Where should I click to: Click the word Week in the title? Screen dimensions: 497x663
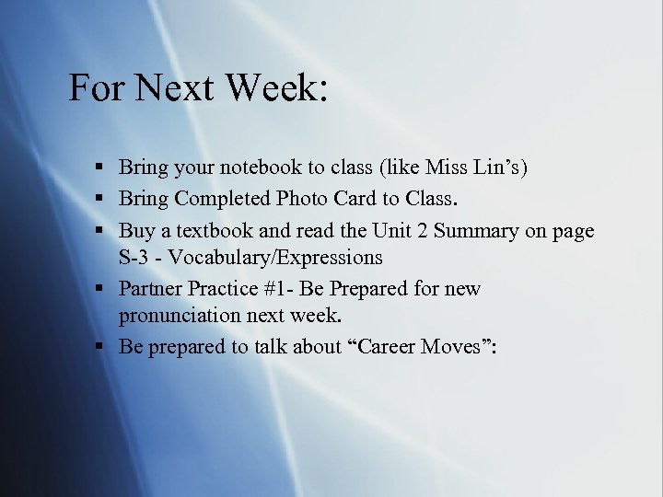[x=275, y=88]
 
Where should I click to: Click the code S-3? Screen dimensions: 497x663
[x=135, y=258]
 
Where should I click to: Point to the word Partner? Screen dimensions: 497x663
[x=150, y=288]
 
